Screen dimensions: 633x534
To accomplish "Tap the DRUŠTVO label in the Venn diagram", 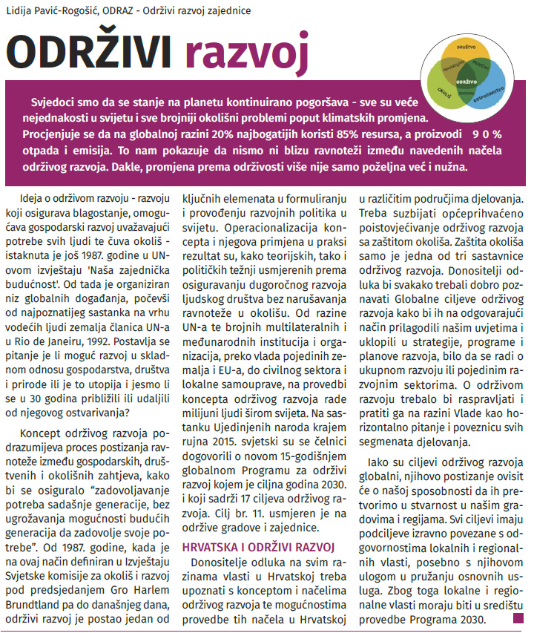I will pyautogui.click(x=466, y=46).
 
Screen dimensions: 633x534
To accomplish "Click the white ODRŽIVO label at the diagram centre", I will pyautogui.click(x=467, y=79).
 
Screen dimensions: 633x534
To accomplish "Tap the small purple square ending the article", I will pyautogui.click(x=518, y=617).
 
